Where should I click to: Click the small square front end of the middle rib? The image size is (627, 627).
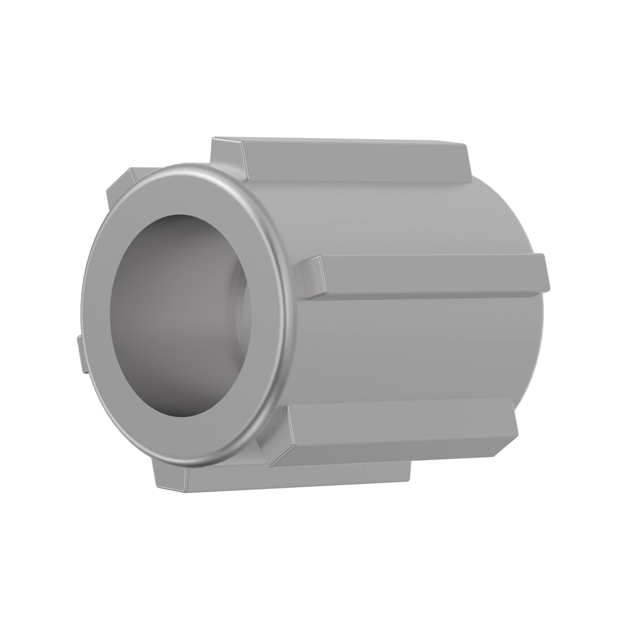(312, 276)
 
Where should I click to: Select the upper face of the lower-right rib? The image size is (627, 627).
(399, 422)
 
